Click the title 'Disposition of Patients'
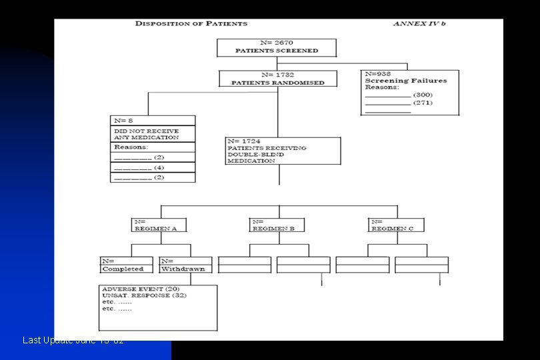coord(191,23)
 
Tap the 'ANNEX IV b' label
coord(419,23)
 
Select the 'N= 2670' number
coord(276,43)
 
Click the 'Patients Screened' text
coord(277,51)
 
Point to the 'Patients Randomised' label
coord(277,83)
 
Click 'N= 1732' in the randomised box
coord(277,75)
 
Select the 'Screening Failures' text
coord(406,81)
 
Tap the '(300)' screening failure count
coord(423,95)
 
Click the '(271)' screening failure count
coord(423,103)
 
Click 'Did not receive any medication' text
coord(146,134)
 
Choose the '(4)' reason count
coord(159,167)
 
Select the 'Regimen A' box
coord(158,225)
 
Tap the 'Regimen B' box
coord(277,225)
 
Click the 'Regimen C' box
coord(395,225)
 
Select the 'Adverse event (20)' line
coord(136,289)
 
